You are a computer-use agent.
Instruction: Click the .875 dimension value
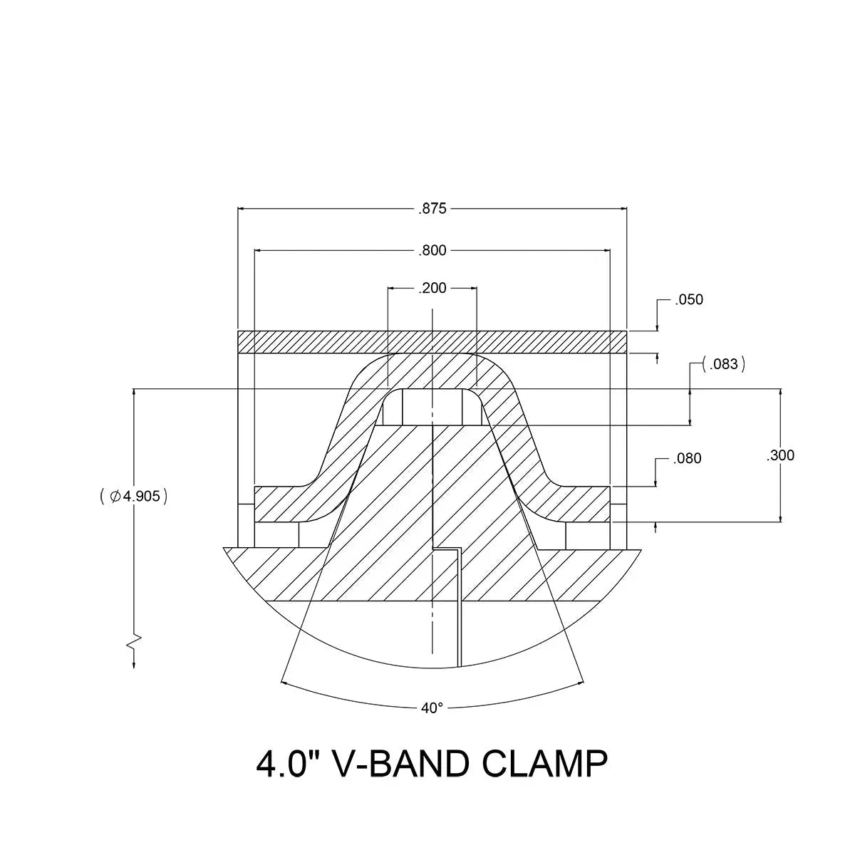(432, 209)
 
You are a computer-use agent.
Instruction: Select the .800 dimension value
(432, 250)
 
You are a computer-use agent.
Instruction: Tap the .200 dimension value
(432, 288)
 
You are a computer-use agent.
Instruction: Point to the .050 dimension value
(689, 299)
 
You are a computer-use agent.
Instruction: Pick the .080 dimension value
(687, 458)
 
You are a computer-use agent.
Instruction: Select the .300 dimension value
(780, 455)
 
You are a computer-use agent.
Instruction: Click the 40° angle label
(432, 708)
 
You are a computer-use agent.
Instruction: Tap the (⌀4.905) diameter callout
(134, 496)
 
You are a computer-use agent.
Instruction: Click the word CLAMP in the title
(545, 764)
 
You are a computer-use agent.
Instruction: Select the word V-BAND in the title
(400, 764)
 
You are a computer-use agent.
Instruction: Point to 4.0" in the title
(286, 764)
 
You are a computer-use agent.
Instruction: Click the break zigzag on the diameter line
(134, 641)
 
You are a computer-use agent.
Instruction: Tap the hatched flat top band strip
(432, 342)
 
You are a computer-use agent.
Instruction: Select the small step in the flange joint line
(447, 549)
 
